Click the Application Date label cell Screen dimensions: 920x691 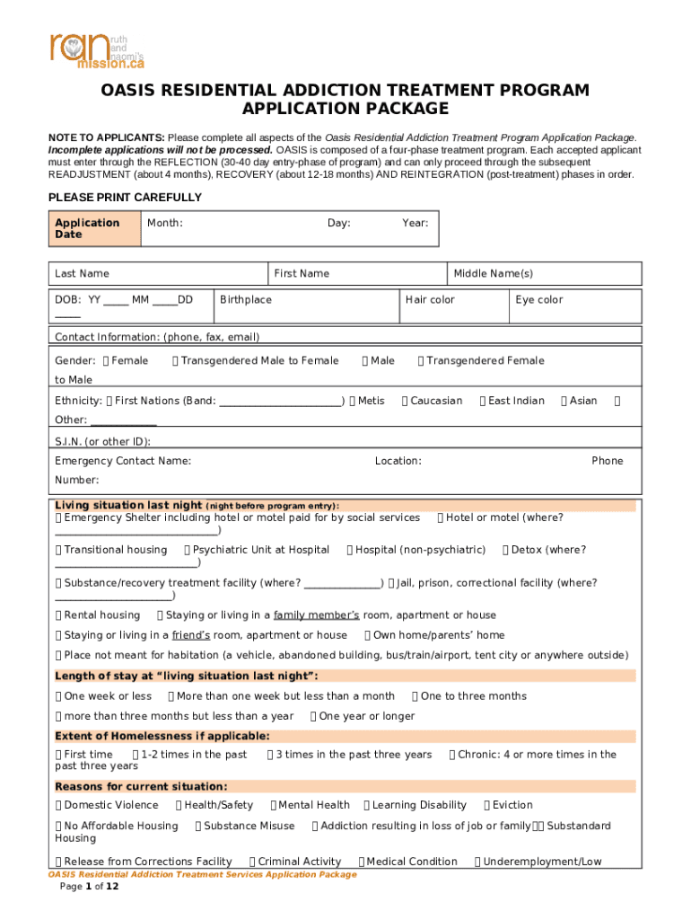click(x=87, y=228)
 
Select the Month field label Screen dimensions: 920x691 click(x=165, y=223)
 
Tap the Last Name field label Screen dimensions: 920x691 click(x=82, y=273)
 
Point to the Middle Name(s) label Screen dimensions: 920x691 click(x=493, y=273)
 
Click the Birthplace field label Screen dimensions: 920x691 click(x=246, y=299)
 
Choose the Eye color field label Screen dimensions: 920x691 click(x=538, y=299)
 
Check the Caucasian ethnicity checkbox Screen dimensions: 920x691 click(x=406, y=401)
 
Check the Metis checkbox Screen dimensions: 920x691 click(x=353, y=401)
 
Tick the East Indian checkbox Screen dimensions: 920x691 click(x=484, y=401)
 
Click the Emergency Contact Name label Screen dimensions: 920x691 click(x=123, y=461)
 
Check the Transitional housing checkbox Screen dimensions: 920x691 click(x=59, y=550)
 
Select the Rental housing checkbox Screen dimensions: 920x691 click(x=59, y=615)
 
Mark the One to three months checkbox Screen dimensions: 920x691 click(x=415, y=696)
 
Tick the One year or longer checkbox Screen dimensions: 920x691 click(x=314, y=716)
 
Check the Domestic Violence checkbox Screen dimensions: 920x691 click(x=59, y=805)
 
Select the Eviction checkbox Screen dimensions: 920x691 click(x=487, y=805)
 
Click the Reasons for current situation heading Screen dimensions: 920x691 click(x=141, y=786)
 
